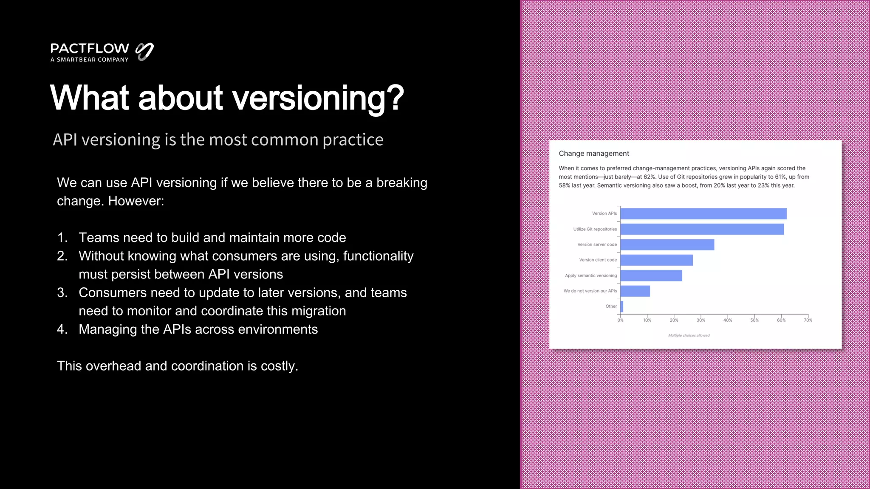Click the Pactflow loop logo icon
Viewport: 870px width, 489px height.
(x=144, y=52)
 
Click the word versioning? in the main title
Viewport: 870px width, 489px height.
(x=318, y=98)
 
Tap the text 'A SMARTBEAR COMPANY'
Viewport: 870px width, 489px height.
(x=89, y=60)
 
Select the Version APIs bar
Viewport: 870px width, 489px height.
(x=703, y=214)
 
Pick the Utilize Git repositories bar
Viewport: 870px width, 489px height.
(x=702, y=229)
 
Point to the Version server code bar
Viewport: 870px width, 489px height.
(x=667, y=244)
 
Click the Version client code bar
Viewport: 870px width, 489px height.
(x=656, y=260)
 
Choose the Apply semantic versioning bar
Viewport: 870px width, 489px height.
(x=651, y=275)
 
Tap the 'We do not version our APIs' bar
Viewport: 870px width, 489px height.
(x=635, y=291)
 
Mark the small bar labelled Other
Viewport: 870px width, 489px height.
(x=622, y=306)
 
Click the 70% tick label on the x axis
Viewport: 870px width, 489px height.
(x=808, y=320)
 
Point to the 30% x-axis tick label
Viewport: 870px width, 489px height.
(x=701, y=320)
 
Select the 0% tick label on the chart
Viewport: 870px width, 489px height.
(x=620, y=320)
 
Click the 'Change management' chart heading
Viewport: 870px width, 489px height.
(x=593, y=154)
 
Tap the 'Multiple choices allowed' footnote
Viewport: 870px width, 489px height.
(x=689, y=335)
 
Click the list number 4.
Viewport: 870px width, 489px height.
(x=62, y=329)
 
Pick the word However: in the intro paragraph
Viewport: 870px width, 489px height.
(x=136, y=201)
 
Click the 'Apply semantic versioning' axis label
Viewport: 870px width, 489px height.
(x=590, y=275)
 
